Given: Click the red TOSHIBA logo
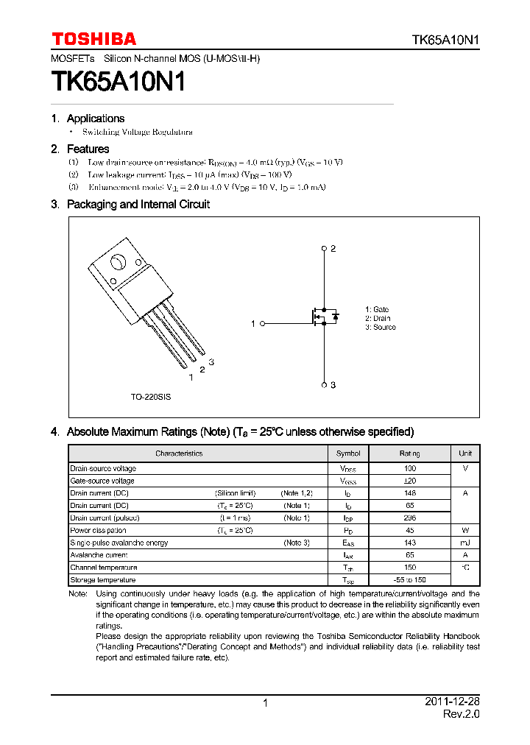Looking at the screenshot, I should click(93, 39).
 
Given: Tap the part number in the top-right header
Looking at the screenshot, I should click(445, 40).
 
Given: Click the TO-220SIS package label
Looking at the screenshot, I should click(151, 397).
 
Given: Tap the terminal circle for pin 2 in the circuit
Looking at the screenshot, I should click(324, 249).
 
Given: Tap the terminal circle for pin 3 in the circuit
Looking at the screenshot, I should click(324, 384).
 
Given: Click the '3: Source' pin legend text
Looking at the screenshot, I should click(380, 328).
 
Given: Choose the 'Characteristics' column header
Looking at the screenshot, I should click(179, 453).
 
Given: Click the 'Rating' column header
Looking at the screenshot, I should click(410, 453).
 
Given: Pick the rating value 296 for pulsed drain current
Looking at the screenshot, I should click(410, 518).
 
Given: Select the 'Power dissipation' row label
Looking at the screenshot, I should click(98, 531).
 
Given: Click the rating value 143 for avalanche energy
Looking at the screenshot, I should click(410, 543).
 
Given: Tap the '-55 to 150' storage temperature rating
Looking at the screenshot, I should click(410, 580).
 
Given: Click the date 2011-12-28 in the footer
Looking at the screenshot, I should click(452, 702).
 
